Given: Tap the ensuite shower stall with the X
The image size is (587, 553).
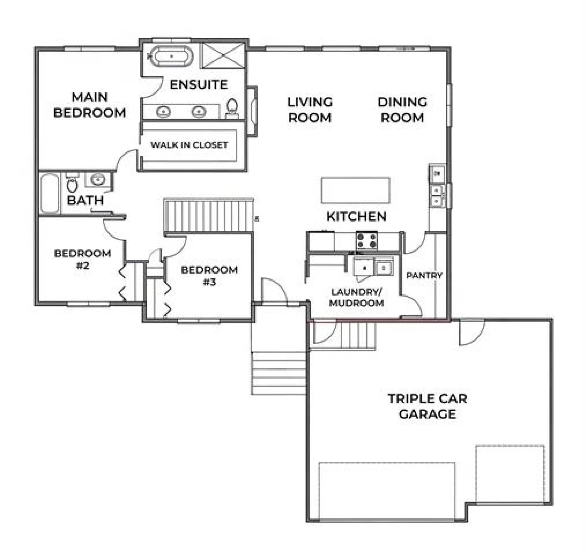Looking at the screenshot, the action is pos(224,55).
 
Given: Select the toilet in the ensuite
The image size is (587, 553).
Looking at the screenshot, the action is pos(232,108).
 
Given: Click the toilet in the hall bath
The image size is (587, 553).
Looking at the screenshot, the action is pos(72,183).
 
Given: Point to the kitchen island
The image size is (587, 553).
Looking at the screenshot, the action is pos(355,190).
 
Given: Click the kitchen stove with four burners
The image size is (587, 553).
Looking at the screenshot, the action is pos(366,240).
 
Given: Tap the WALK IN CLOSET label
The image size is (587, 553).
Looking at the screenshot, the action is pos(189,145).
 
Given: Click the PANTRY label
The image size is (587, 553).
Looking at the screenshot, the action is pos(424,275).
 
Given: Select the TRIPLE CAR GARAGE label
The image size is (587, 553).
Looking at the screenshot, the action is pos(427,406).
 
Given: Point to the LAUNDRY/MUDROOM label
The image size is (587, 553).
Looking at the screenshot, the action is pos(356,297).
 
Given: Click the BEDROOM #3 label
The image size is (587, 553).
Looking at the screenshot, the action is pos(209,276).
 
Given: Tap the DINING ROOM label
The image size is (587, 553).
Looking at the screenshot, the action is pos(402,110).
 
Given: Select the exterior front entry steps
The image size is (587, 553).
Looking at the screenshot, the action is pos(279,373).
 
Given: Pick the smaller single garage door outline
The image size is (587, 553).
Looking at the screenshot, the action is pos(510,474).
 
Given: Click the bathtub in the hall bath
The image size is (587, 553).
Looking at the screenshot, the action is pos(50,193).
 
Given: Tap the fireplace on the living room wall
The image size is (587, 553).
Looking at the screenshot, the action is pos(252,111).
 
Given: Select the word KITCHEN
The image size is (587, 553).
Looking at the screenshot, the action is pos(356,216).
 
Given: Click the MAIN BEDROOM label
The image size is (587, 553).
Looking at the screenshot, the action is pos(90,105).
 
